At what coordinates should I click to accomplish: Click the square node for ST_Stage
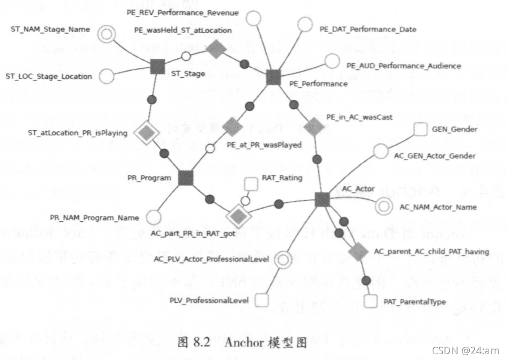(x=157, y=66)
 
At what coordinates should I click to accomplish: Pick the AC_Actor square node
(x=322, y=199)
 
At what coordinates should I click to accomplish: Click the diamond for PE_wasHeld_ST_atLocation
(x=215, y=50)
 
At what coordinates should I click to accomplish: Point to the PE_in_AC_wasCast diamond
(x=314, y=126)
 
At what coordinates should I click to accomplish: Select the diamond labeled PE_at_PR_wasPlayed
(x=232, y=126)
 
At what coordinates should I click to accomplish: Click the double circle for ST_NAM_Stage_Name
(x=108, y=35)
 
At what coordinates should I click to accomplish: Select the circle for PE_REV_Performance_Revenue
(x=254, y=19)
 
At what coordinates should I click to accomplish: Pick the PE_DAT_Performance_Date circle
(x=305, y=24)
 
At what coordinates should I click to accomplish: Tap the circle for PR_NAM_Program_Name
(x=153, y=217)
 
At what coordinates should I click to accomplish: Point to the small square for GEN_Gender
(x=420, y=129)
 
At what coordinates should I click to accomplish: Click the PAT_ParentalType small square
(x=371, y=301)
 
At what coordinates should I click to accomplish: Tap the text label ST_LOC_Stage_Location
(x=49, y=76)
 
